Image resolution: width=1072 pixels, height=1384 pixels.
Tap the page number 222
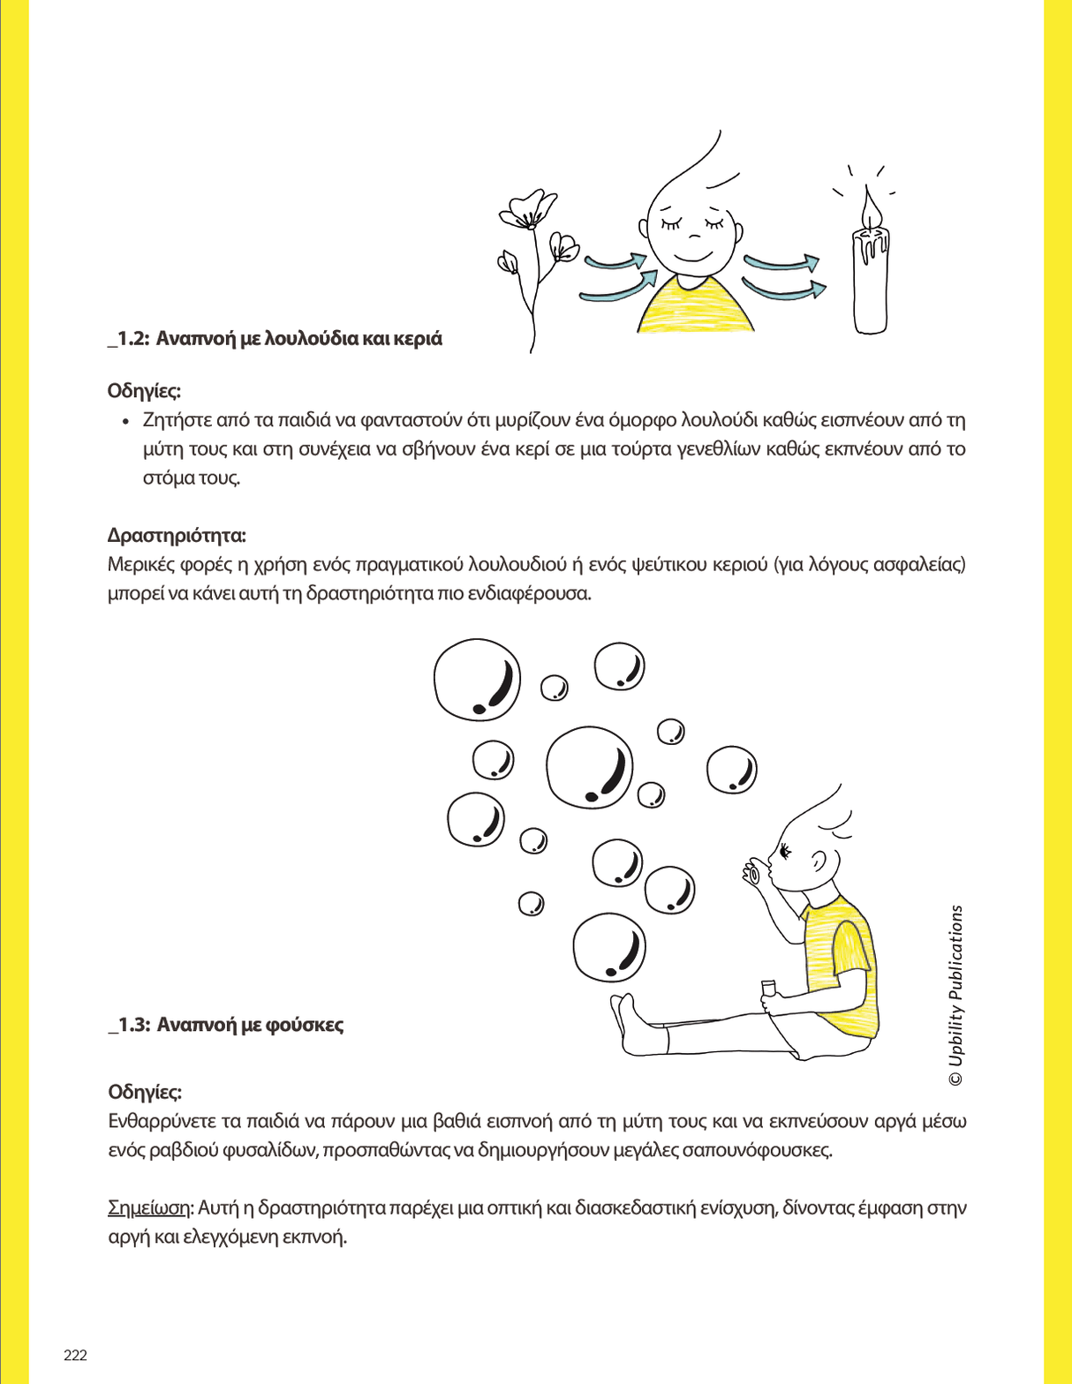75,1355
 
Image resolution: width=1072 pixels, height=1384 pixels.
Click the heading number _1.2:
128,339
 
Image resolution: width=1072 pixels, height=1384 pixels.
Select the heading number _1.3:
128,1025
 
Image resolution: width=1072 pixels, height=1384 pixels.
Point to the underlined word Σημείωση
148,1207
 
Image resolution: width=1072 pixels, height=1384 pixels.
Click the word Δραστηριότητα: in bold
177,535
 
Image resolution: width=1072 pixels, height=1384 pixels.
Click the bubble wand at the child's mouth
752,872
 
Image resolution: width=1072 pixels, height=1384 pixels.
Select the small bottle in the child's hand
768,989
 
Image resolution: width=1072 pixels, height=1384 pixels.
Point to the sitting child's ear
819,861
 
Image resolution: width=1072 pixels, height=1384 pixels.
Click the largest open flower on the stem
523,210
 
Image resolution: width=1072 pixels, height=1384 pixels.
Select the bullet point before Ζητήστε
125,421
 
